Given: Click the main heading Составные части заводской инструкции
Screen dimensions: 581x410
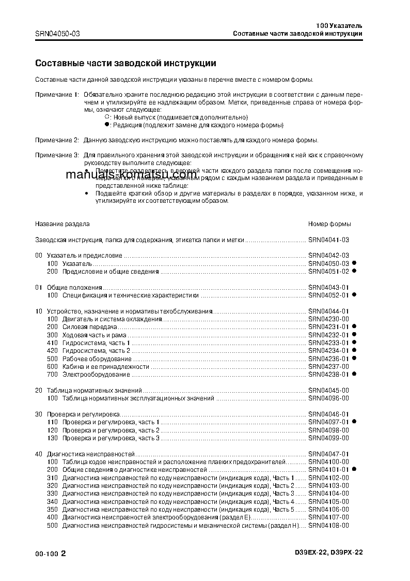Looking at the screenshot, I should (125, 64).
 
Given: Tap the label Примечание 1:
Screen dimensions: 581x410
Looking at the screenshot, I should (57, 96).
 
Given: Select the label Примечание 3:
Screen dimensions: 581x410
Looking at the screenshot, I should (57, 155).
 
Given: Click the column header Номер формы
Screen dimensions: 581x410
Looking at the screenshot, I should (329, 224).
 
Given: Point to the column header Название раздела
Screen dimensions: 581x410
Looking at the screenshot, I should (62, 224).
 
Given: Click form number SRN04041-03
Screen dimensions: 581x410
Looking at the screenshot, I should (328, 240).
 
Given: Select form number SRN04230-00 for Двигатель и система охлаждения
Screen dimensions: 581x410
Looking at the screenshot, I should (328, 319).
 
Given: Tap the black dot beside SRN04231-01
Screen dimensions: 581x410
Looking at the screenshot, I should (355, 327).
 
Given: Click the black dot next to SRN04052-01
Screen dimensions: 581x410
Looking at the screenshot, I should (355, 295).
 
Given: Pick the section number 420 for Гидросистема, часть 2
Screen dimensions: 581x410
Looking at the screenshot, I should (52, 351).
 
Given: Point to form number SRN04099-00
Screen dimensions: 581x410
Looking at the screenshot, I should (328, 438).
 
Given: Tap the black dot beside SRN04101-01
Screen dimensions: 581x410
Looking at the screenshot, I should (355, 469).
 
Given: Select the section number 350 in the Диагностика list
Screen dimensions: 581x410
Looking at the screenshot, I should (52, 510).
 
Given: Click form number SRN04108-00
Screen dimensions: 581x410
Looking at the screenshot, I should (328, 526).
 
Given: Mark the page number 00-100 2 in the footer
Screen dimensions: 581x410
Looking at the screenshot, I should (51, 554).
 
